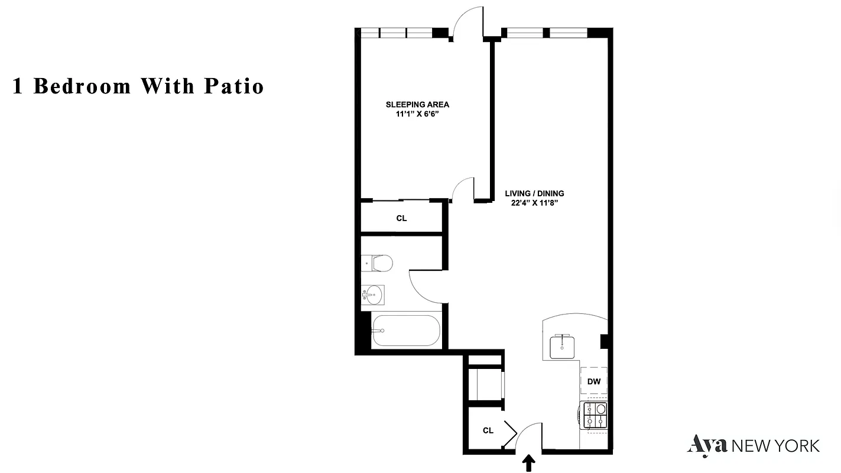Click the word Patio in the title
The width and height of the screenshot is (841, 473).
click(234, 86)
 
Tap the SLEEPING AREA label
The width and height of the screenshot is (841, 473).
click(417, 105)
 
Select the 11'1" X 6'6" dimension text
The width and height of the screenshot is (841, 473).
click(417, 114)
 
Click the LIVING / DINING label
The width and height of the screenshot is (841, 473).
click(534, 193)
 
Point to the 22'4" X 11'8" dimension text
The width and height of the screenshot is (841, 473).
click(534, 203)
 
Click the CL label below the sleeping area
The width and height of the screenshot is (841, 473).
click(401, 218)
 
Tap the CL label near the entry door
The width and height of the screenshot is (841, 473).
click(488, 430)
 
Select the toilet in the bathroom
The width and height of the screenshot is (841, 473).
click(378, 262)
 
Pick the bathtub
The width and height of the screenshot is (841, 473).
click(405, 331)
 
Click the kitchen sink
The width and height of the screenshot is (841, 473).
click(561, 346)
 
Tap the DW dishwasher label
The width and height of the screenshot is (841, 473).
click(594, 381)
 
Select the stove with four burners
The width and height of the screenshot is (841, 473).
click(595, 415)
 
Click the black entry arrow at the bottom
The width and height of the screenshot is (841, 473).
click(529, 462)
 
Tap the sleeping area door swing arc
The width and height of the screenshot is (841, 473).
click(462, 189)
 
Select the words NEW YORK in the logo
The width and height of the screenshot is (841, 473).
click(775, 445)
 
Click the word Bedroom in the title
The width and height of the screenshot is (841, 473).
click(82, 86)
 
